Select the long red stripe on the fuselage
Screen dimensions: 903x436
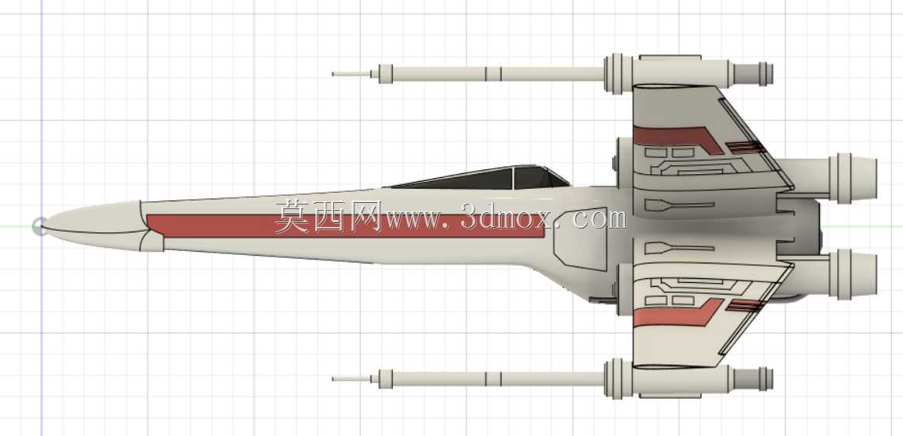point(346,226)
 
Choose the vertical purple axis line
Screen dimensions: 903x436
point(41,218)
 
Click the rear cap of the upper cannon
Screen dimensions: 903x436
point(753,74)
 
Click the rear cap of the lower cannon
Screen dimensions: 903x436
point(753,379)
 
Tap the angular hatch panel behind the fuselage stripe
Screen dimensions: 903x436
point(581,239)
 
